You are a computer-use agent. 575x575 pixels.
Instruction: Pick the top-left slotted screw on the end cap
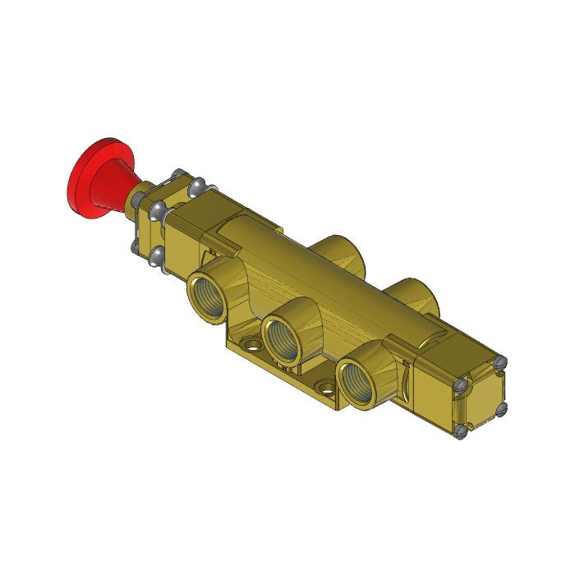[x=461, y=383]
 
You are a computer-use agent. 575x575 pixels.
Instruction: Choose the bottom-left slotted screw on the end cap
[x=462, y=429]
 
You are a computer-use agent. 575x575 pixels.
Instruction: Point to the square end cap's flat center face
[x=481, y=396]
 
